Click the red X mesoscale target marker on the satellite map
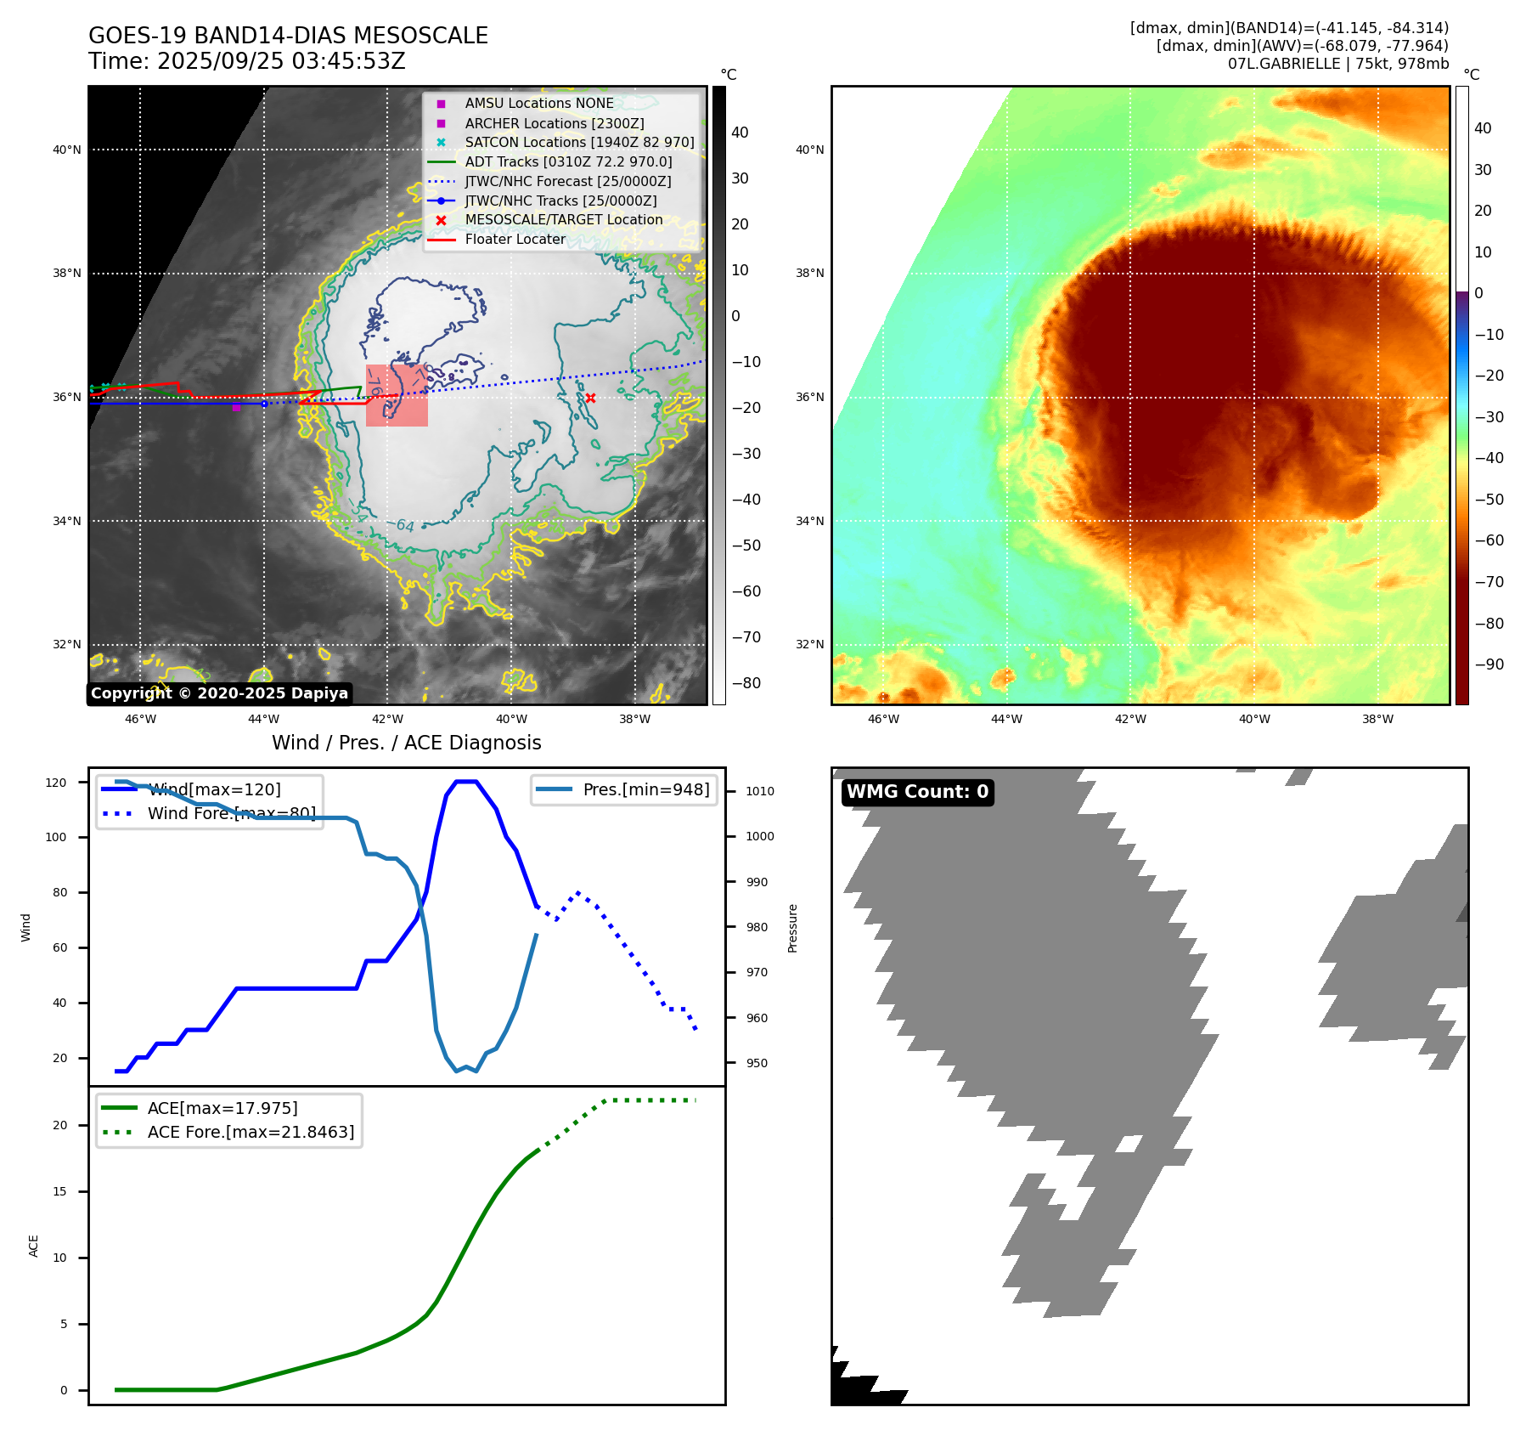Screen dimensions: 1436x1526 point(590,398)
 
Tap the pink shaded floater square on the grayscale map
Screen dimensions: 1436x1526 point(397,396)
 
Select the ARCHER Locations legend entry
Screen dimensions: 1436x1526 point(554,123)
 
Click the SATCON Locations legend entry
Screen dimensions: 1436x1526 point(579,142)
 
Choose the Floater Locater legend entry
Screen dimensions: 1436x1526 point(515,239)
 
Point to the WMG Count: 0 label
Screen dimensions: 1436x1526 point(917,792)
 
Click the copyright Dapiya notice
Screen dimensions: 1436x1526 point(219,693)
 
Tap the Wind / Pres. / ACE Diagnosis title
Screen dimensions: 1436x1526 point(406,743)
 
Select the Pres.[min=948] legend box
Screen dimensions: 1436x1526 point(624,789)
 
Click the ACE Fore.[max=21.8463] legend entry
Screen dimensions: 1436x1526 point(251,1132)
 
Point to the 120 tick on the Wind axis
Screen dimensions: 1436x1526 point(56,783)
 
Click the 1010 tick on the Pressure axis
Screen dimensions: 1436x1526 point(760,791)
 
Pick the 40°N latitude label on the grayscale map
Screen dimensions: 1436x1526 point(67,150)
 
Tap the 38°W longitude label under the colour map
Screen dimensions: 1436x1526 point(1377,719)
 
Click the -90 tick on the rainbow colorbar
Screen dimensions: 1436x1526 point(1489,664)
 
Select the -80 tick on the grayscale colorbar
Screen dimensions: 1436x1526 point(746,683)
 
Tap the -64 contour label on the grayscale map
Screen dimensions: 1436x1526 point(405,526)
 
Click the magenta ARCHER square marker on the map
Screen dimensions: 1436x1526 point(236,407)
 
